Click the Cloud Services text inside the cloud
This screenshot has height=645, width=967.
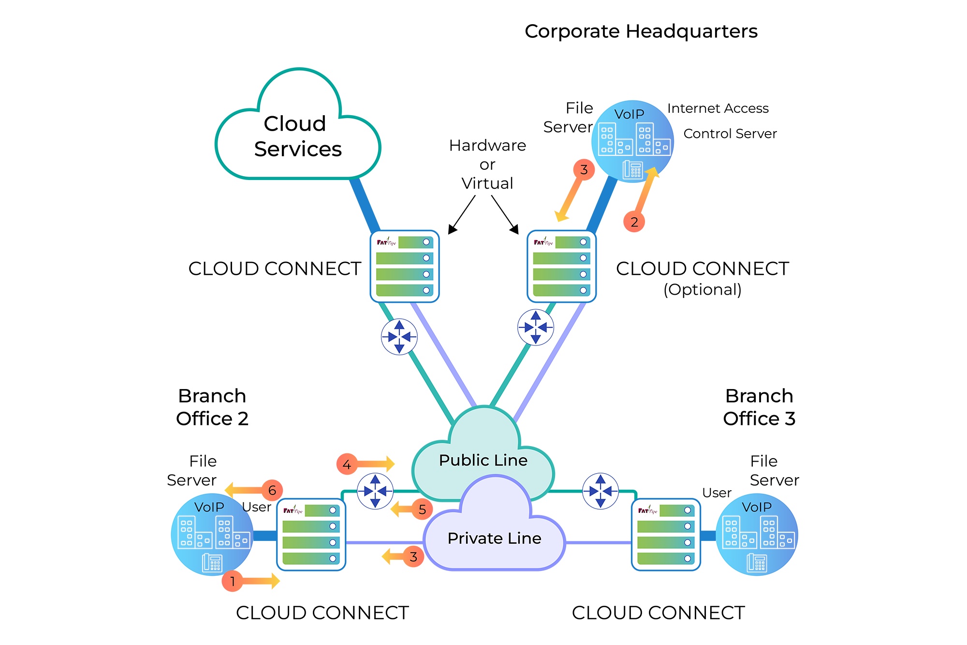[x=297, y=136]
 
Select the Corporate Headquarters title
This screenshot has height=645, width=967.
[x=641, y=31]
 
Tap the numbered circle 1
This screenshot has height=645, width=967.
[x=233, y=581]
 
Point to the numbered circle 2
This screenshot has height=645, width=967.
[x=634, y=222]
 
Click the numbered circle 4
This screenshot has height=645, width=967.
[x=347, y=465]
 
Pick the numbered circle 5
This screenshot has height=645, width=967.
[x=422, y=509]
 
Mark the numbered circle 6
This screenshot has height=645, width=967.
[x=272, y=490]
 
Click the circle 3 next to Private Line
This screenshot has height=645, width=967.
[x=413, y=557]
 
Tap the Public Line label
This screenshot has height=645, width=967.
[x=483, y=460]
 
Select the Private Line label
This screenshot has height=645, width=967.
[x=494, y=538]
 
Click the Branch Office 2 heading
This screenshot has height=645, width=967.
[x=212, y=407]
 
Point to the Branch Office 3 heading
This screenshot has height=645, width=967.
[x=759, y=407]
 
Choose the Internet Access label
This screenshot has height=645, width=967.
[x=718, y=108]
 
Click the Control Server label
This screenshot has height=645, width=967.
[x=730, y=134]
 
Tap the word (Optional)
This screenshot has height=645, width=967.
[x=702, y=289]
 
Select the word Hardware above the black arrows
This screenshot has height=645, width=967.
[x=487, y=145]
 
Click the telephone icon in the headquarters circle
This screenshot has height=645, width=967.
[x=632, y=169]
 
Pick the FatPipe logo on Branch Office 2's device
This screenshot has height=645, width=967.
[x=293, y=510]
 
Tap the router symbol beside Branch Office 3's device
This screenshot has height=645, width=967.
[x=601, y=491]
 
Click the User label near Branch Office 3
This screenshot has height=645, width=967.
[x=717, y=493]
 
